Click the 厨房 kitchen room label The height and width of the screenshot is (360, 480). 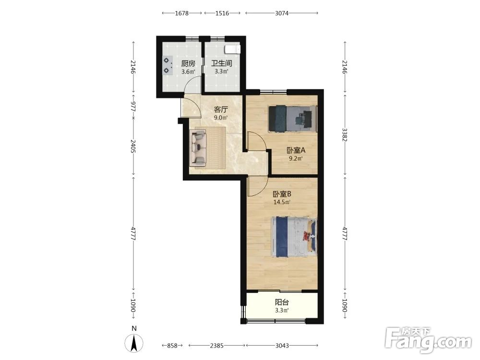(x=188, y=64)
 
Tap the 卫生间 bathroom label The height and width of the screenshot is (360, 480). (x=222, y=64)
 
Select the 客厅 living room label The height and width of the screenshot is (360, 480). (x=221, y=109)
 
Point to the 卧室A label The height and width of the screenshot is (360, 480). (x=296, y=150)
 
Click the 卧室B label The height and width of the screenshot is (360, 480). (x=282, y=194)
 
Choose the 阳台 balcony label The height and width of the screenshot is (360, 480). (x=282, y=302)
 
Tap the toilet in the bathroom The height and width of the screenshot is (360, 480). (x=232, y=49)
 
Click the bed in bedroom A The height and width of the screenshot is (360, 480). (x=292, y=119)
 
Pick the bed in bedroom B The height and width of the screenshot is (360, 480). (x=294, y=237)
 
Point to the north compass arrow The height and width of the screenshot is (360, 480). (x=134, y=343)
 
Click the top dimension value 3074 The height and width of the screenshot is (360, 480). (x=282, y=13)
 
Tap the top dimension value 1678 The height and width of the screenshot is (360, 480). (x=181, y=13)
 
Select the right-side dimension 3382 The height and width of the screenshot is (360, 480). (x=345, y=135)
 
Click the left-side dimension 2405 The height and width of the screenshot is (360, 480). (x=133, y=146)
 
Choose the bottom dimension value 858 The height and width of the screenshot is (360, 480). (x=172, y=346)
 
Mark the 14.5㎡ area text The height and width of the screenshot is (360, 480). (x=282, y=202)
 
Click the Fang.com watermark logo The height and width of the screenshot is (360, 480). (x=428, y=340)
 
